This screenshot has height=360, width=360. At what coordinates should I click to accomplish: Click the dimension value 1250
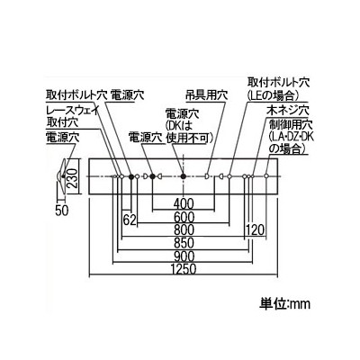(184, 269)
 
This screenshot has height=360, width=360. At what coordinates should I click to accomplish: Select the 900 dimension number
(184, 256)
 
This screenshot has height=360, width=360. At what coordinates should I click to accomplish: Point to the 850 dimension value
(184, 243)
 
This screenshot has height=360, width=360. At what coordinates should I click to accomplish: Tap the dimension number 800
(184, 230)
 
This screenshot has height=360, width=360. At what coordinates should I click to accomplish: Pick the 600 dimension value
(184, 217)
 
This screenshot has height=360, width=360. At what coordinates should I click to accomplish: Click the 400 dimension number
(184, 204)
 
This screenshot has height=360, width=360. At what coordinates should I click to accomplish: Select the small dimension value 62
(130, 220)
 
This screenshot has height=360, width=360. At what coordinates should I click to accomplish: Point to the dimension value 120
(256, 230)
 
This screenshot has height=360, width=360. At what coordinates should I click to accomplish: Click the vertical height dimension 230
(73, 178)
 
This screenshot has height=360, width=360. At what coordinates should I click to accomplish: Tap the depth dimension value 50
(62, 211)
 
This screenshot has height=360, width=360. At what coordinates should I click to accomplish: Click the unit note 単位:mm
(284, 304)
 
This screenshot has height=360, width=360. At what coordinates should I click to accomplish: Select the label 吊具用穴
(207, 95)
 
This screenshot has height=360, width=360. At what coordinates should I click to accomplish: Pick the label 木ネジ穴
(288, 111)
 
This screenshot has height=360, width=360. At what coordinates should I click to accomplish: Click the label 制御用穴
(291, 124)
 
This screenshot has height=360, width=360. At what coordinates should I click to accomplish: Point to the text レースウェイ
(72, 110)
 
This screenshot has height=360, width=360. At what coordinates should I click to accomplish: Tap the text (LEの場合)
(273, 95)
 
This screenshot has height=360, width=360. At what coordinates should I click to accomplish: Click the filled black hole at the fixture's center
(184, 176)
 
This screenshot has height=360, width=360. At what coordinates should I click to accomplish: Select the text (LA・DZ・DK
(292, 137)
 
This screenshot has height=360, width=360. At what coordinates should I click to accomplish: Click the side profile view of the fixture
(61, 176)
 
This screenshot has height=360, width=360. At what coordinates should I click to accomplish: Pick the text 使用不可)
(189, 138)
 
